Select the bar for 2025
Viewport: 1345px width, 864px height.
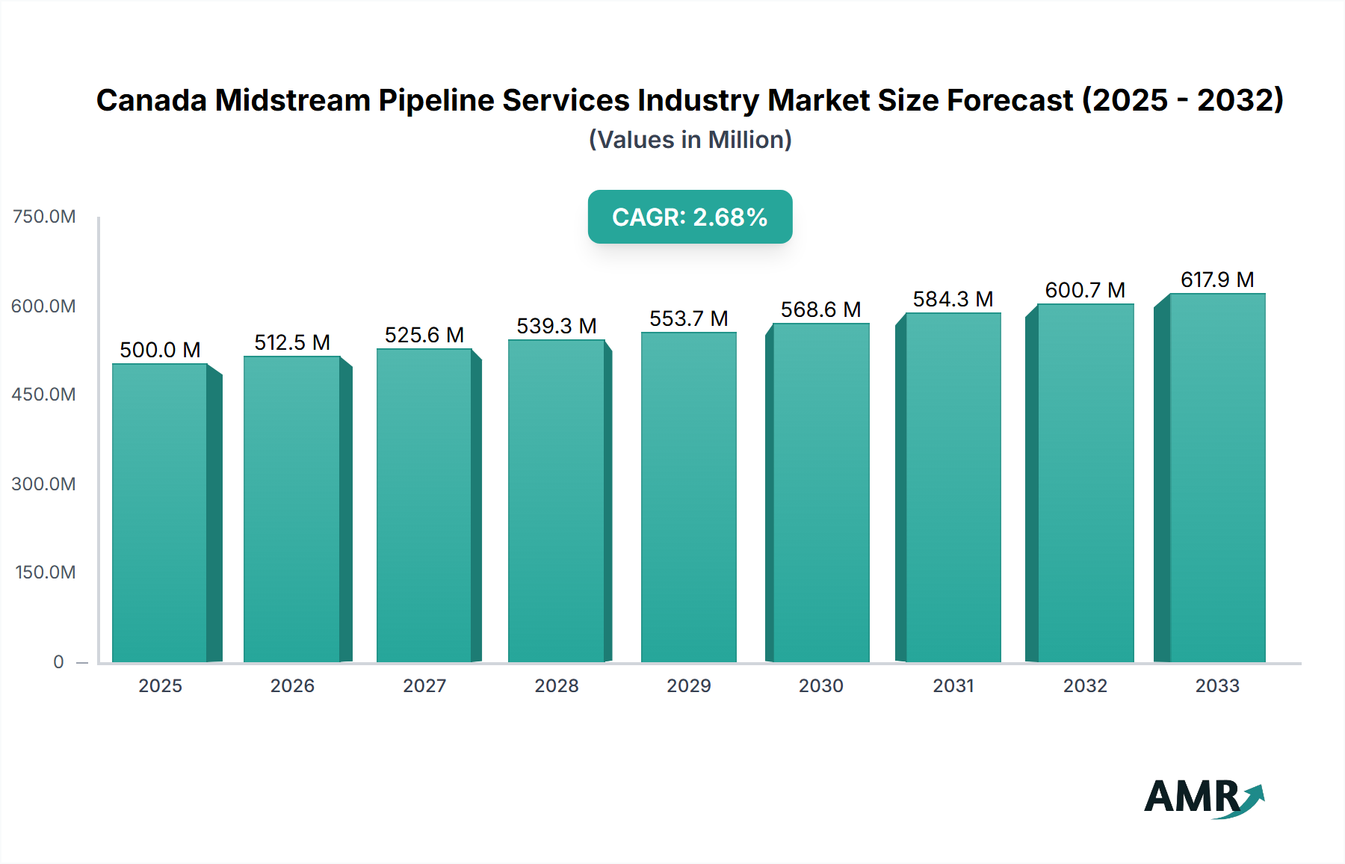(160, 513)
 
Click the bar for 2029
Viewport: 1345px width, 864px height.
(688, 497)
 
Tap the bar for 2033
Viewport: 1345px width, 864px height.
(1216, 478)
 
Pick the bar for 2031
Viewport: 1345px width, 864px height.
(953, 487)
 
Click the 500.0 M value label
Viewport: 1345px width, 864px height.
(160, 350)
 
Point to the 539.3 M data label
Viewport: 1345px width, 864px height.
(557, 326)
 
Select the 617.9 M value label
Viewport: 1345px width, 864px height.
(1216, 280)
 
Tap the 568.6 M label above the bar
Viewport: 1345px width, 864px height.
(820, 309)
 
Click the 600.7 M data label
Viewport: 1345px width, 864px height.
(1085, 290)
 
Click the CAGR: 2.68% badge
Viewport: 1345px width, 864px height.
(690, 217)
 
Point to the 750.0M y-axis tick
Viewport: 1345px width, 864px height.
(44, 217)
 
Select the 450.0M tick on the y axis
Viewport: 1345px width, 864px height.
(44, 395)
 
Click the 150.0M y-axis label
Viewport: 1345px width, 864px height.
(46, 573)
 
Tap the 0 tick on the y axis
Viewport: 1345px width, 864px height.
(58, 662)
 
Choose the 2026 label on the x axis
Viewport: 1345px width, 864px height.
(292, 685)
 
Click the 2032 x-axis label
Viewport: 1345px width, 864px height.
(1085, 685)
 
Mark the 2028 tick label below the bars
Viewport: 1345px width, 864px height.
(557, 685)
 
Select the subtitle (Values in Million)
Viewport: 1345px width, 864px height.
(690, 140)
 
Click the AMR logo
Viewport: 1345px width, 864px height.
(1203, 797)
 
